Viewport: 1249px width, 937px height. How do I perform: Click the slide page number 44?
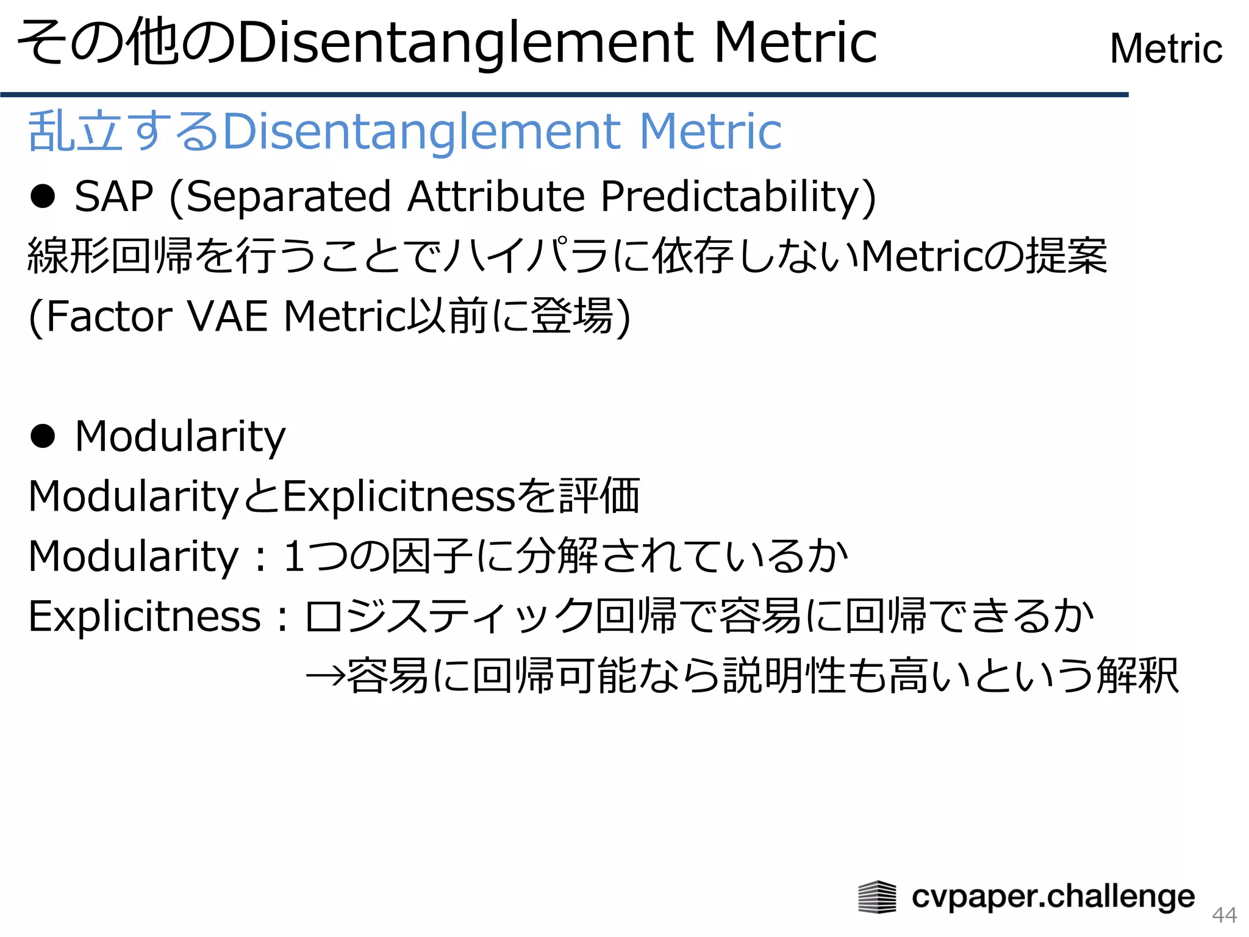(1224, 914)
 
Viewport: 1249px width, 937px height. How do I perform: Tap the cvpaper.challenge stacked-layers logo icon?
(877, 897)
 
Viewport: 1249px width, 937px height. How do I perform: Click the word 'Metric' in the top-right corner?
(1166, 49)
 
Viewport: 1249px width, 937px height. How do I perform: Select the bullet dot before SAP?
(43, 196)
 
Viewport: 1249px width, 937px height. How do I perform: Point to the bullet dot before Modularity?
(43, 436)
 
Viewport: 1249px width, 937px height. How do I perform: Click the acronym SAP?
(113, 196)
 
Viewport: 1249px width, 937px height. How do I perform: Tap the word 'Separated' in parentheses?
(281, 196)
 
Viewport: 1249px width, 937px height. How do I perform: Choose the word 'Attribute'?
(496, 196)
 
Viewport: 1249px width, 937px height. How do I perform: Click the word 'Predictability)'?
(738, 198)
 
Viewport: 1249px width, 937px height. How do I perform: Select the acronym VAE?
(227, 317)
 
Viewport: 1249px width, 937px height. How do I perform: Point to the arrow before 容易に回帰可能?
(325, 676)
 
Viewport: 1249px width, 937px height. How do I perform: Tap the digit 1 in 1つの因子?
(295, 556)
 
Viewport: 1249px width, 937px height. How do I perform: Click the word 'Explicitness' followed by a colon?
(145, 616)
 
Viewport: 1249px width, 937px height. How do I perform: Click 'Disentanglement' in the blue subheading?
(421, 132)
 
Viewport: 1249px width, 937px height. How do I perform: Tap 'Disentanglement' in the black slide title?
(465, 43)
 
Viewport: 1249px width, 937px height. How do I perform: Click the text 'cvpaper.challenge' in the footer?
(1053, 897)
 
